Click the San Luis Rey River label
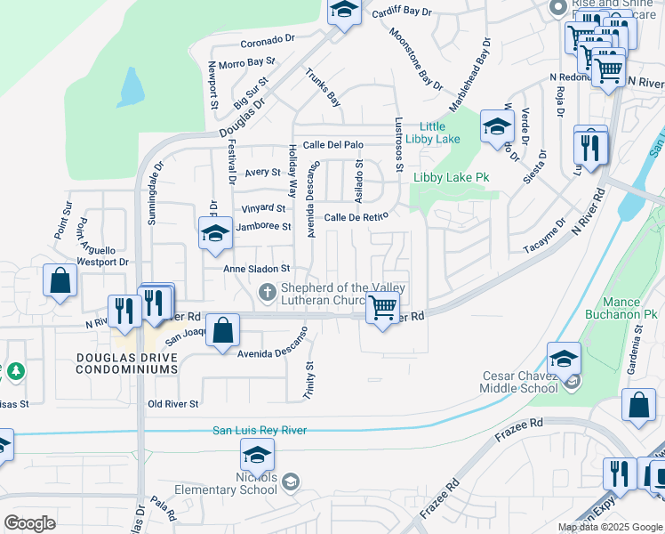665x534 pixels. point(260,431)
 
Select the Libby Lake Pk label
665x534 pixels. point(451,177)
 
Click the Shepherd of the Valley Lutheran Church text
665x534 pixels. point(342,293)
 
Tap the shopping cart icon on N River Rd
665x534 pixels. point(382,309)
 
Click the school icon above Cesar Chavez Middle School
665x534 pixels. point(564,359)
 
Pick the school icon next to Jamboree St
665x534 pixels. point(214,234)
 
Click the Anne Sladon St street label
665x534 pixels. point(258,268)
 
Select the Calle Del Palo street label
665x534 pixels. point(333,144)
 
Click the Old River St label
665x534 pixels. point(173,404)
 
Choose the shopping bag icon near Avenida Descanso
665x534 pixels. point(225,330)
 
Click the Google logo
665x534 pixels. point(29,523)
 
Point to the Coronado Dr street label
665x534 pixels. point(267,40)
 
